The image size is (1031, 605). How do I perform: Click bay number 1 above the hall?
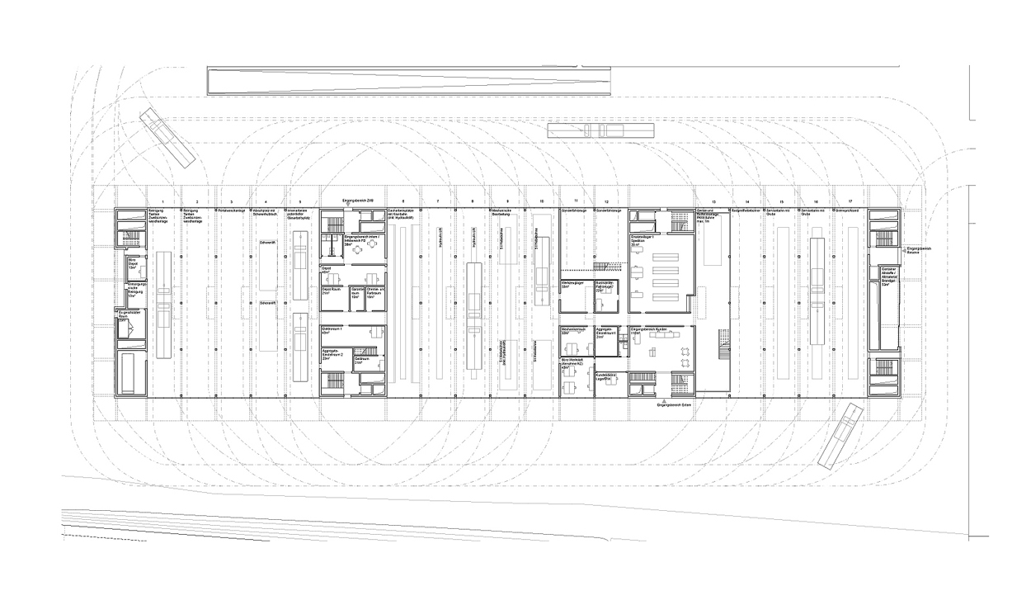(x=163, y=202)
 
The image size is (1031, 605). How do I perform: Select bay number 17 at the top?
(x=850, y=202)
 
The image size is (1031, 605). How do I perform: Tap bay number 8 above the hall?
(x=473, y=202)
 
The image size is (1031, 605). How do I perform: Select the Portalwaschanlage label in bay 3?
(x=231, y=211)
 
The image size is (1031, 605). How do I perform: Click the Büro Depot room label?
(x=133, y=263)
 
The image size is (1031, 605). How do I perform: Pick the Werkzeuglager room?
(x=572, y=285)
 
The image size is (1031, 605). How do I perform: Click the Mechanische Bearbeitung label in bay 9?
(x=505, y=213)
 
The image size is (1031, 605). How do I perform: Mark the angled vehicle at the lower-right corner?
(x=840, y=437)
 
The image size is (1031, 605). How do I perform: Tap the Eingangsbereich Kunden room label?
(x=648, y=330)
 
